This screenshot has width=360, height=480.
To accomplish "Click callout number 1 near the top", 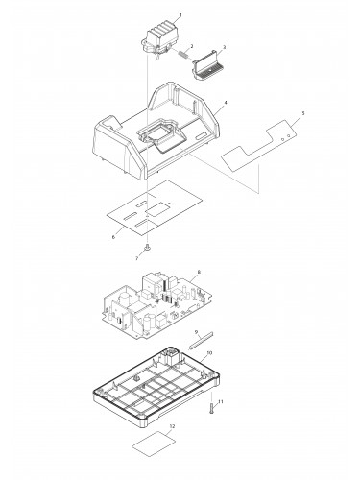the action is pos(180,15).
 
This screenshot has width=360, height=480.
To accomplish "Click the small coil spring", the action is pos(183,54).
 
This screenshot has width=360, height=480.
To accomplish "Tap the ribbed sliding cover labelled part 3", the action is pos(207,65).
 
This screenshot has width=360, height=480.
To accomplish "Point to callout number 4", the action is pos(226,103).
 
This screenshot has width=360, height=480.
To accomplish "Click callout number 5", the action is pos(303,113).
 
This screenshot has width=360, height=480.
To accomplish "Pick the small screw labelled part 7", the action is pos(148,247).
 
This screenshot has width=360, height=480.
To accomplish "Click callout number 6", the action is pos(113,237).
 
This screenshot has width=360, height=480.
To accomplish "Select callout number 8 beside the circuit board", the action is pos(199,272).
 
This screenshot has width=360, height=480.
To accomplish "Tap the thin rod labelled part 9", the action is pos(201,341).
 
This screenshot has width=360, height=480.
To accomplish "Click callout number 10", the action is pos(209,352).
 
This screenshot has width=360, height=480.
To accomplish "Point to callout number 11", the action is pos(220,401).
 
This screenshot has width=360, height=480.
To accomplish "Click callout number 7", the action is pos(137,258).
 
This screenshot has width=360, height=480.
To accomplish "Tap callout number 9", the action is pos(196,332).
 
